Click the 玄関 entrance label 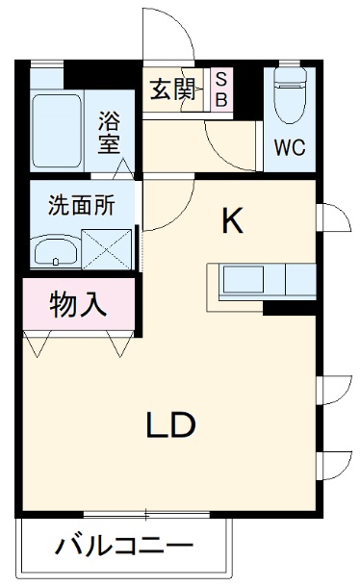[x=172, y=89]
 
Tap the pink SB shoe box [x=221, y=89]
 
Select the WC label [x=289, y=147]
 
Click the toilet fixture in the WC [x=290, y=95]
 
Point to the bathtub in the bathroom [x=57, y=131]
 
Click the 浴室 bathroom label [x=109, y=133]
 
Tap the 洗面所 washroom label [x=81, y=205]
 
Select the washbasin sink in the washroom [x=56, y=251]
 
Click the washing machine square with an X [x=107, y=249]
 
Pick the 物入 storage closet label [x=78, y=304]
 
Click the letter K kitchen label [x=232, y=221]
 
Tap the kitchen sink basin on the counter [x=244, y=280]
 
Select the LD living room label [x=170, y=425]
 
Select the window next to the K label [x=333, y=217]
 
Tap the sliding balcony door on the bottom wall [x=146, y=515]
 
